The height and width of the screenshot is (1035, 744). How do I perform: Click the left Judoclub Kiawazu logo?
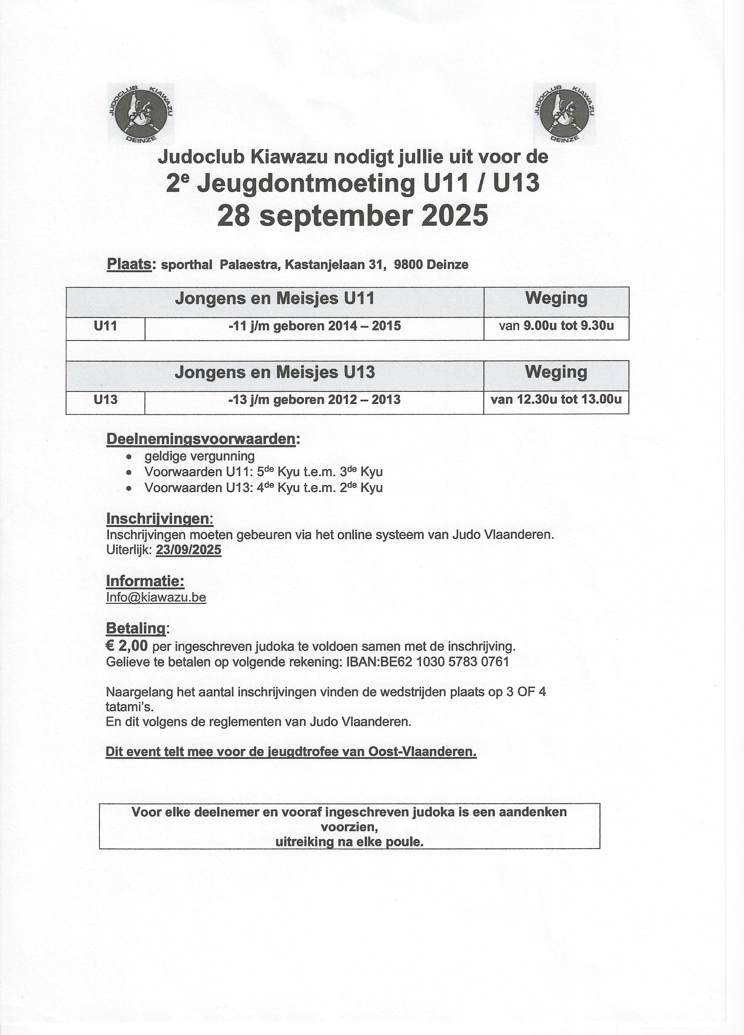[x=141, y=114]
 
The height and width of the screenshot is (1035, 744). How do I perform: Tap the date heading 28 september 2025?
[x=352, y=216]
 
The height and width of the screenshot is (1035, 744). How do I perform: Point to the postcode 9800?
[x=408, y=265]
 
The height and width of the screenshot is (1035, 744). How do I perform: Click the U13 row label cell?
[x=105, y=400]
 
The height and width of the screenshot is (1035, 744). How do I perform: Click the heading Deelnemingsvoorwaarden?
[x=200, y=439]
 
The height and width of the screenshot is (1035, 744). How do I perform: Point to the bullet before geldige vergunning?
[x=130, y=457]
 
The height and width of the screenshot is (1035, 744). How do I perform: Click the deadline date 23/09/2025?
[x=188, y=550]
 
